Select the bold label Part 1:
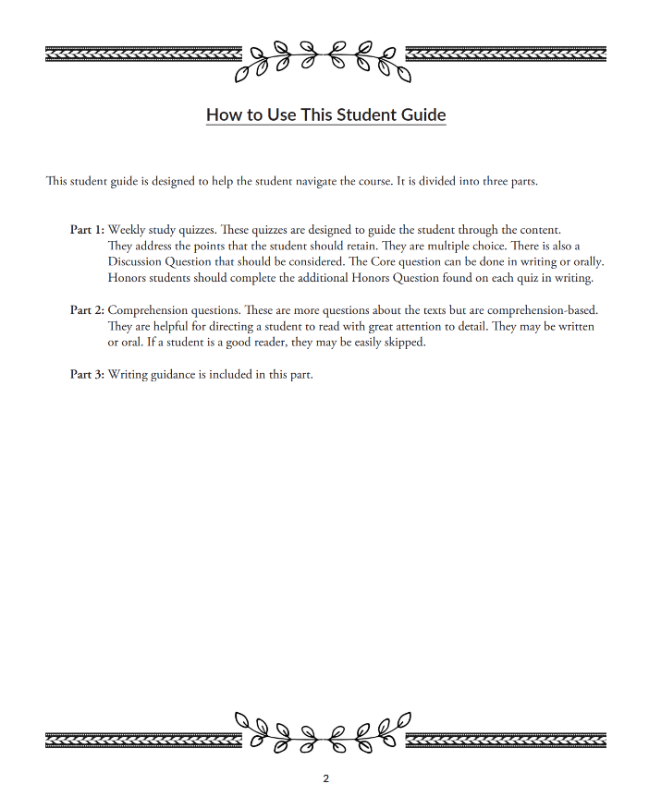[x=87, y=229]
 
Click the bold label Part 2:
[x=87, y=309]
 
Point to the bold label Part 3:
[x=87, y=374]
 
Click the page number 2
[x=325, y=778]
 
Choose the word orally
[x=586, y=261]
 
